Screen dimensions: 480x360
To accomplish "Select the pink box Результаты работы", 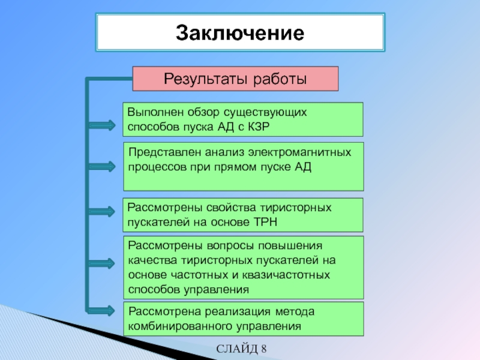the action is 236,79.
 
